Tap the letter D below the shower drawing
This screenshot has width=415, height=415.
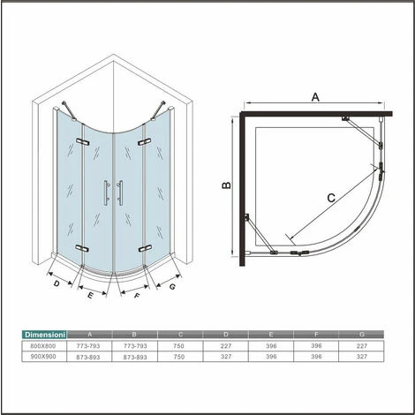pyautogui.click(x=57, y=283)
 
